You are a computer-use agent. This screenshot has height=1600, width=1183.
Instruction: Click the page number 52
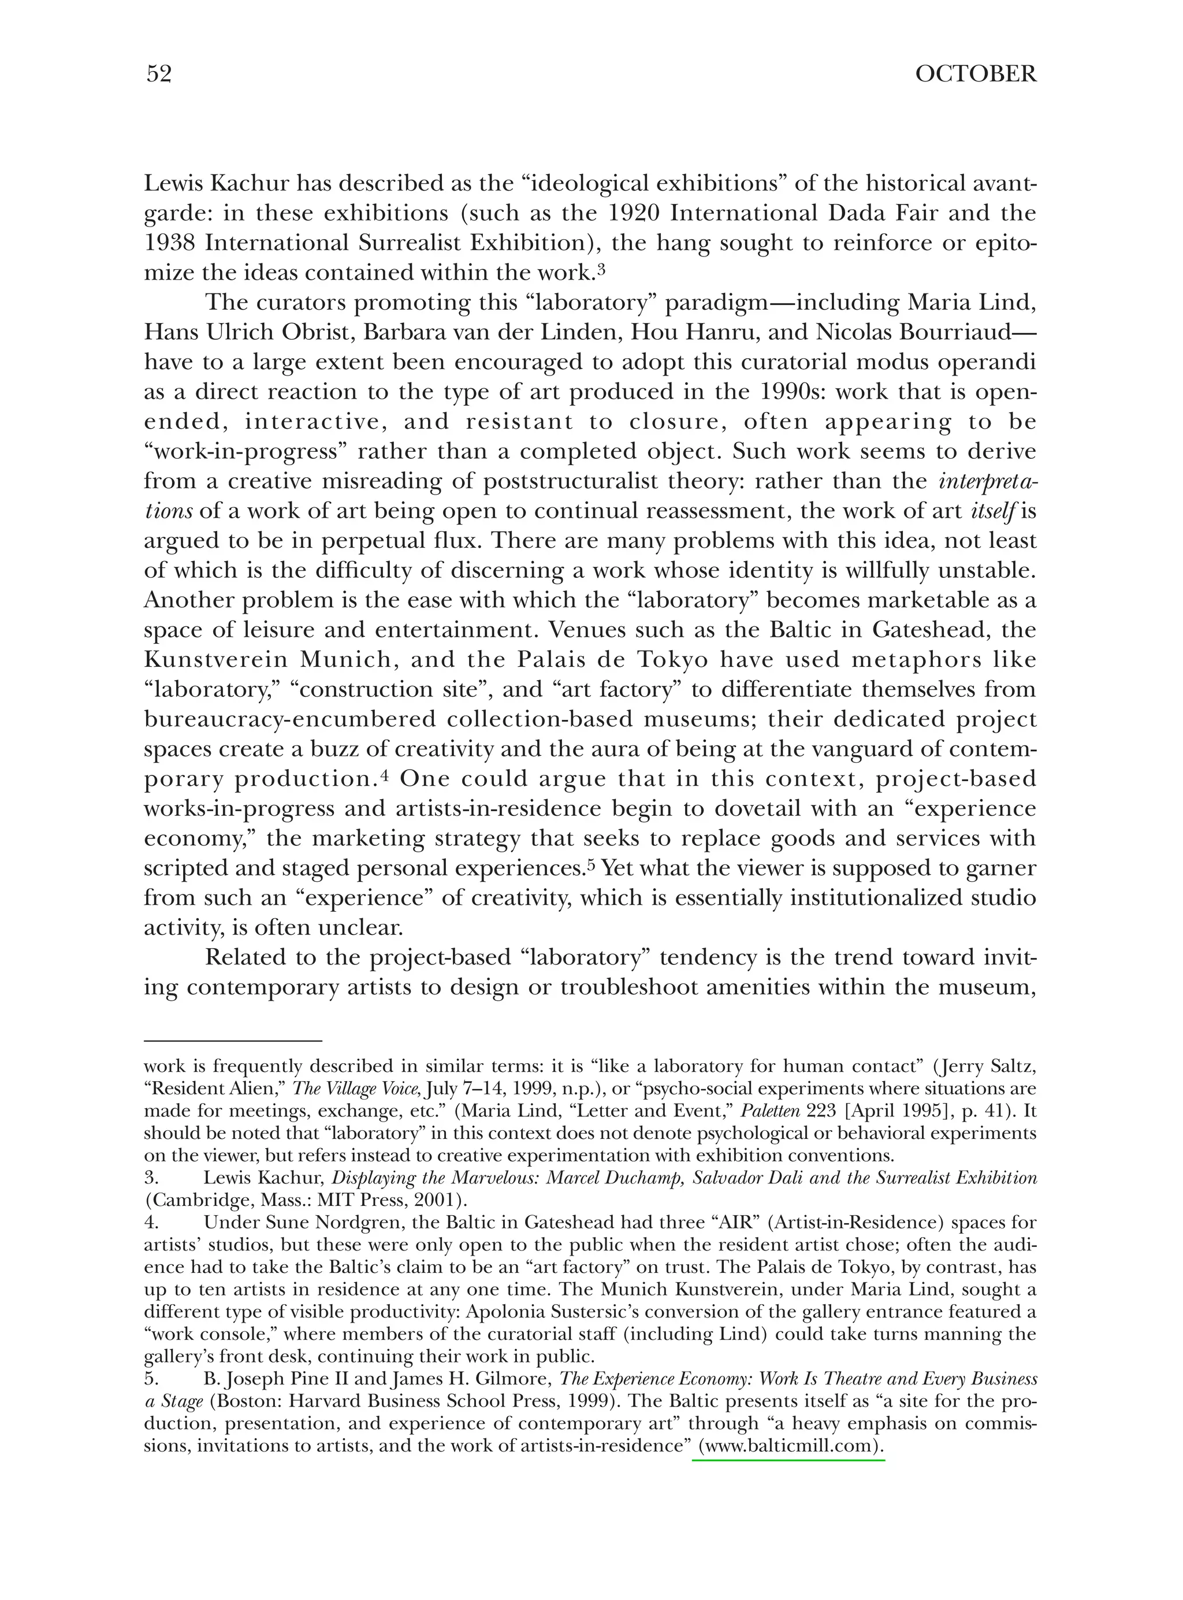click(159, 75)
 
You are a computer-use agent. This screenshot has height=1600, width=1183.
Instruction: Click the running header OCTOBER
click(975, 75)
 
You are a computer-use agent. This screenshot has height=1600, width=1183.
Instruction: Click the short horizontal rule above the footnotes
click(233, 1041)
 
